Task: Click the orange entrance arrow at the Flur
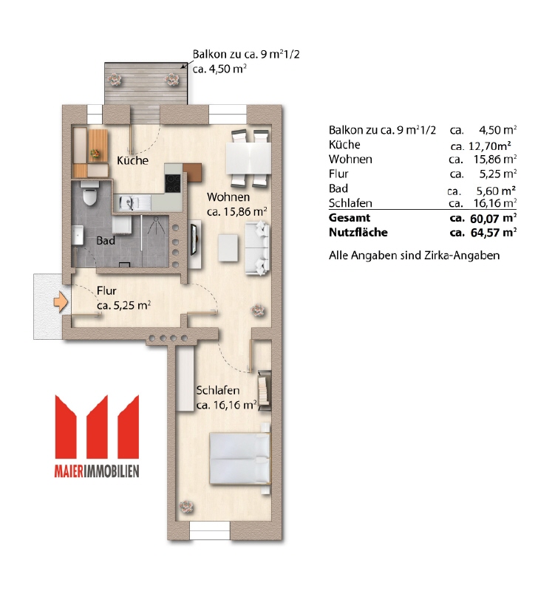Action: coord(61,302)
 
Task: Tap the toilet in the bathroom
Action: coord(89,193)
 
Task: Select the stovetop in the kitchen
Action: coord(173,183)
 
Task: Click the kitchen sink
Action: coord(127,202)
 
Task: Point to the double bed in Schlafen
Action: coord(240,458)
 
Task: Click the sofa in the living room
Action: coord(257,247)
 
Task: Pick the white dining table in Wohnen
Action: coord(248,158)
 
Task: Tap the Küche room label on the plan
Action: coord(132,160)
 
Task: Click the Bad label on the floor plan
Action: coord(106,241)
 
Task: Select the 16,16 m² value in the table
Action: coord(495,203)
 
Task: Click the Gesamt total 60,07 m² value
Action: coord(494,218)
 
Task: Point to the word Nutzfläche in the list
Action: coord(358,232)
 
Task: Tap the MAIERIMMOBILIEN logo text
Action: coord(97,471)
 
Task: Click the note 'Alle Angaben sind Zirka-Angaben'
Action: coord(415,256)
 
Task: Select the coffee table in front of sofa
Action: coord(228,247)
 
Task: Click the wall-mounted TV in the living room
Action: coord(194,239)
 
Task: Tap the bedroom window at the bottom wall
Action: coord(210,531)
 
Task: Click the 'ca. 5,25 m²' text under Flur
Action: coord(124,305)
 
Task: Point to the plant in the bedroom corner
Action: coord(187,507)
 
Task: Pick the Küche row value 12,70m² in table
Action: coord(490,146)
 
